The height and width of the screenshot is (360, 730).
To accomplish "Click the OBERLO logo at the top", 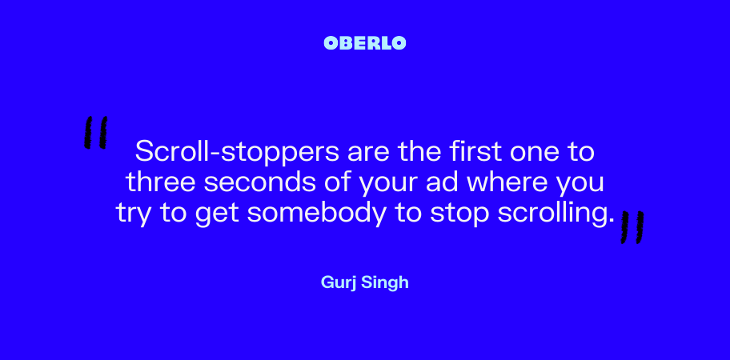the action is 365,43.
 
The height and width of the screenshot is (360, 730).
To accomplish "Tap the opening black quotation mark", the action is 96,133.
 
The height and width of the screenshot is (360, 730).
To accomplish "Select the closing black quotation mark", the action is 632,227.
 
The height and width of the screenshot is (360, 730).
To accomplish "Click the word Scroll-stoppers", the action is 238,153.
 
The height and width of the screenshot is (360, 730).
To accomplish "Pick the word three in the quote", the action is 160,182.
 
